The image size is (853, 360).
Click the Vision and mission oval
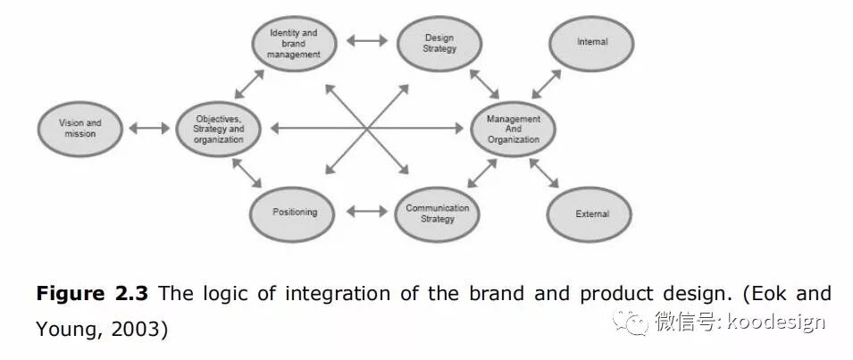[80, 128]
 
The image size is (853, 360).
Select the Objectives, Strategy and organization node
[218, 128]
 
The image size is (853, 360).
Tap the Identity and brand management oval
[293, 42]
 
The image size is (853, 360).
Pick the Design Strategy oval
[439, 42]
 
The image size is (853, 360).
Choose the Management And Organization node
[513, 129]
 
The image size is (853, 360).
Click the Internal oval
[592, 42]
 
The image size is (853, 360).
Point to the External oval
[590, 214]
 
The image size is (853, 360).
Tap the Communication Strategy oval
[438, 213]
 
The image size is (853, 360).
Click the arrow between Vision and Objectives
[149, 129]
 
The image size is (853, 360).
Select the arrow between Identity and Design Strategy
[366, 40]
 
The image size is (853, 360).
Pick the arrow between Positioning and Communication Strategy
[365, 213]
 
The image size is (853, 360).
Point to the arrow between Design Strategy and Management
[484, 83]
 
